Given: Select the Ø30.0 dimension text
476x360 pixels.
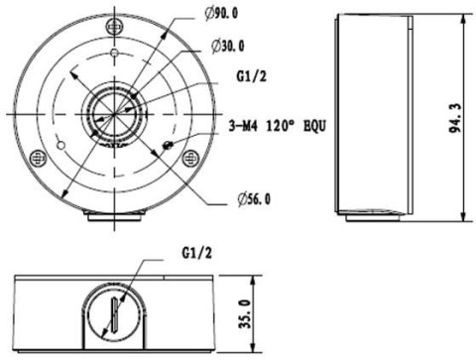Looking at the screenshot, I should pyautogui.click(x=229, y=46).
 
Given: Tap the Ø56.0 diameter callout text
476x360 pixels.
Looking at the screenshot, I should pyautogui.click(x=254, y=199).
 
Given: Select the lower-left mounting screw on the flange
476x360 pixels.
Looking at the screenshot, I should pyautogui.click(x=38, y=157).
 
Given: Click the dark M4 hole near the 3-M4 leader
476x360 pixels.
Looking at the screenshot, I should pyautogui.click(x=168, y=146).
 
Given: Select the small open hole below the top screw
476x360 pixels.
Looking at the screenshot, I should pyautogui.click(x=116, y=53).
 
